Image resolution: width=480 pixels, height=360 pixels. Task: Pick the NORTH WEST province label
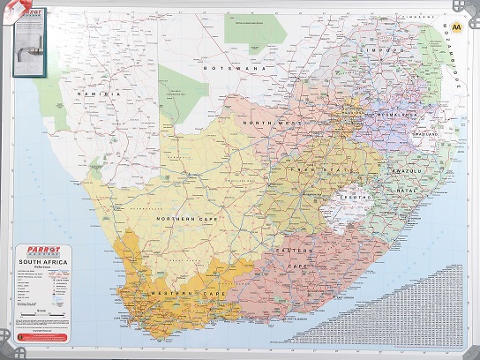point(274,124)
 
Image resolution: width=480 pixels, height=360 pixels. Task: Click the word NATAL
point(408,190)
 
